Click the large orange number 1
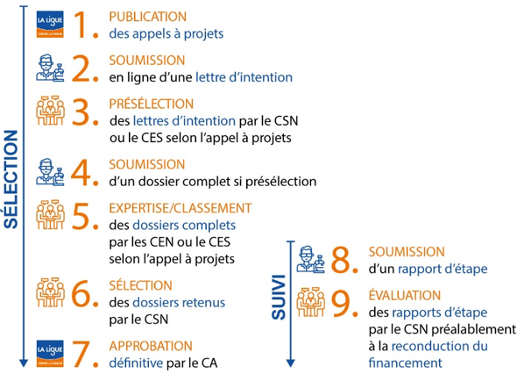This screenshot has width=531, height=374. pyautogui.click(x=83, y=25)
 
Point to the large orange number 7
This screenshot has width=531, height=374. pyautogui.click(x=85, y=353)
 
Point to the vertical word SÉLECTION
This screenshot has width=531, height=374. pyautogui.click(x=11, y=180)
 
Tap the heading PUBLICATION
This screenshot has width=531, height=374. pyautogui.click(x=147, y=17)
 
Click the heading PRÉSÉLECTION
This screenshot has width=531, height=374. pyautogui.click(x=151, y=104)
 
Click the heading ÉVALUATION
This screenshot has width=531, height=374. pyautogui.click(x=405, y=295)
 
